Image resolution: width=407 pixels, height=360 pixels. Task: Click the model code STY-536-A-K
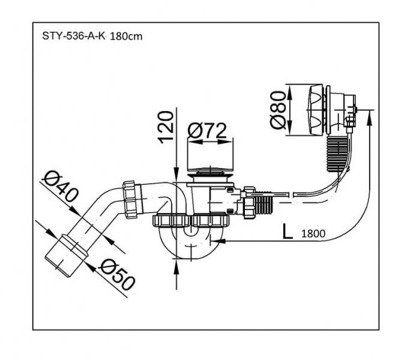(73, 36)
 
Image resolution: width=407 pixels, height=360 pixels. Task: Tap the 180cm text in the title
(126, 37)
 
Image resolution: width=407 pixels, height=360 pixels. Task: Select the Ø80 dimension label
(278, 110)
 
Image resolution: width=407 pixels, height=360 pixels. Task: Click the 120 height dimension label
(166, 127)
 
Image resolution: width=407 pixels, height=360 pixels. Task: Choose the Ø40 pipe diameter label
(61, 186)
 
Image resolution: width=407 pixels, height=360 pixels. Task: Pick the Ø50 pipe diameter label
(118, 274)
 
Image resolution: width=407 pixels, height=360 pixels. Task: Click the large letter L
(288, 232)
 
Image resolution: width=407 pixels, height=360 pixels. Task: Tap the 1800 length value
(313, 233)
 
